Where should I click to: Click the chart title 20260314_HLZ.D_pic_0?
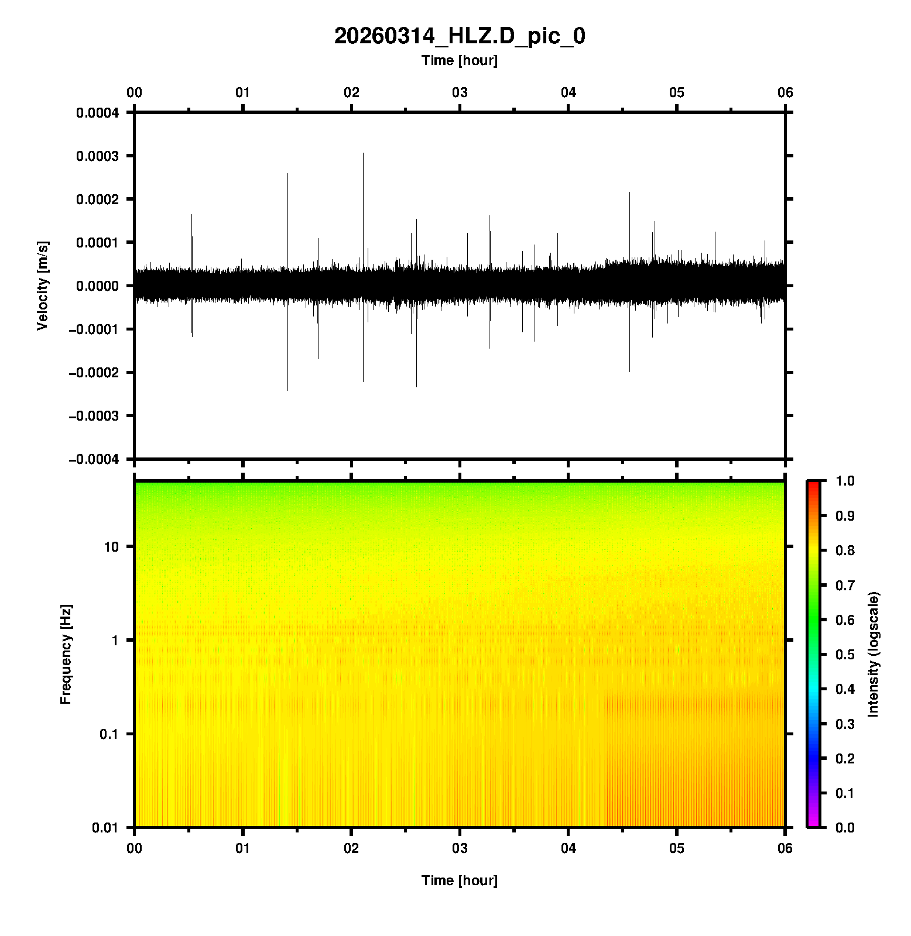459,36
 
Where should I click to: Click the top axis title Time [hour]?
459,60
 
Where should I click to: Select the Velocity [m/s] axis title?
42,285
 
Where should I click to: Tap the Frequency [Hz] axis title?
66,654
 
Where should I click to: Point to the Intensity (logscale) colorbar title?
874,654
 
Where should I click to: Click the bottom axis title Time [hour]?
459,880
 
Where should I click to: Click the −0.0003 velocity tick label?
94,416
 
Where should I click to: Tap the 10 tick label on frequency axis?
111,547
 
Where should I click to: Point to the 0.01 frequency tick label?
105,828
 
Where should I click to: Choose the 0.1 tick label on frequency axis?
108,734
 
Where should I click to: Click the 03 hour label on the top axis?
460,92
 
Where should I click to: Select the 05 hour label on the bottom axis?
677,848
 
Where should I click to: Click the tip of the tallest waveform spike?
363,153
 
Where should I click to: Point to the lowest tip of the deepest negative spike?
287,390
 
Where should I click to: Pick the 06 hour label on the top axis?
785,92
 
